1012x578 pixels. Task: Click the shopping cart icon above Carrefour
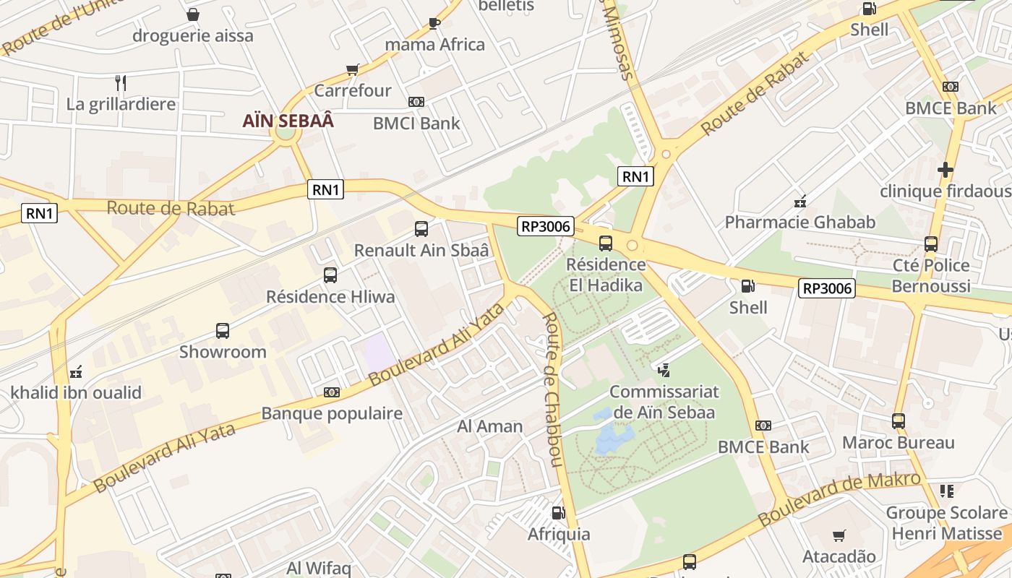coord(352,70)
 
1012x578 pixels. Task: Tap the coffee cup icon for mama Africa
coord(434,23)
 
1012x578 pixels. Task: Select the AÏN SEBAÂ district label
coord(288,121)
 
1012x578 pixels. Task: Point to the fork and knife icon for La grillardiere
coord(121,83)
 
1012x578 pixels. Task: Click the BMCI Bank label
coord(416,123)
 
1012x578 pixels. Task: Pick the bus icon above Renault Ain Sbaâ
coord(421,229)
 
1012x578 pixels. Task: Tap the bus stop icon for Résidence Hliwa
coord(330,275)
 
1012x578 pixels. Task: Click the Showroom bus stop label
coord(223,352)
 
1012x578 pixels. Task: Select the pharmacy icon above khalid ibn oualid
coord(76,372)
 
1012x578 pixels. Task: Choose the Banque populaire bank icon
coord(332,392)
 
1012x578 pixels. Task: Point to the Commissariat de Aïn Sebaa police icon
coord(664,370)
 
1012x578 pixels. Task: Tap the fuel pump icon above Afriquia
coord(558,513)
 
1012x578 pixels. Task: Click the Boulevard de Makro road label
coord(839,499)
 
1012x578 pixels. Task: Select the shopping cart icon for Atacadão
coord(839,535)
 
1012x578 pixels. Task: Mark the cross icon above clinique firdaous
coord(945,170)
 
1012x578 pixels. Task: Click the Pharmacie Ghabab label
coord(799,222)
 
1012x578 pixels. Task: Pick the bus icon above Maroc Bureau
coord(899,420)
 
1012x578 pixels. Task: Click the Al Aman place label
coord(489,426)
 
